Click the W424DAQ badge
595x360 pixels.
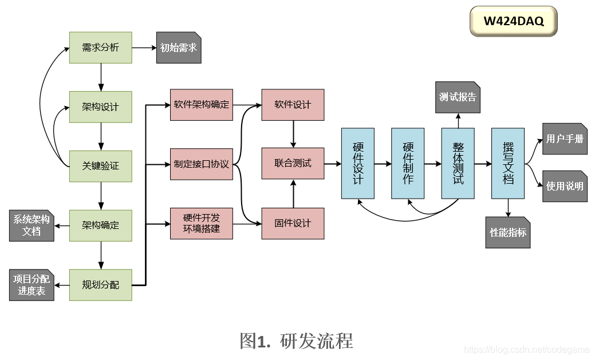(513, 22)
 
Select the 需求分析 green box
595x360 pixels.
(101, 48)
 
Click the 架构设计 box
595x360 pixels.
(101, 107)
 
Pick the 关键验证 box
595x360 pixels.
(101, 166)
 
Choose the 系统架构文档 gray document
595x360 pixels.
(31, 225)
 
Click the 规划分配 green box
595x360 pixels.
(101, 284)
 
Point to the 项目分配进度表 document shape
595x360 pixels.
(31, 284)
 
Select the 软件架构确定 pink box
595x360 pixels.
(202, 105)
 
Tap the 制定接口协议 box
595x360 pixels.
(202, 164)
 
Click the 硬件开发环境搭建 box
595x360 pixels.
(202, 223)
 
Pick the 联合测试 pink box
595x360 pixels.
(293, 164)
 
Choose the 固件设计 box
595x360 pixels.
(293, 223)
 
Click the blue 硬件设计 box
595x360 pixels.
(357, 164)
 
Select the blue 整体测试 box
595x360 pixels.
(458, 164)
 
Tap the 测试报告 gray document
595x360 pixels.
(458, 97)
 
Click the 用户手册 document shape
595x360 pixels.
(565, 139)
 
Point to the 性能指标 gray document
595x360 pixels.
(508, 232)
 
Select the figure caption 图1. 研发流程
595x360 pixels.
(297, 341)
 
